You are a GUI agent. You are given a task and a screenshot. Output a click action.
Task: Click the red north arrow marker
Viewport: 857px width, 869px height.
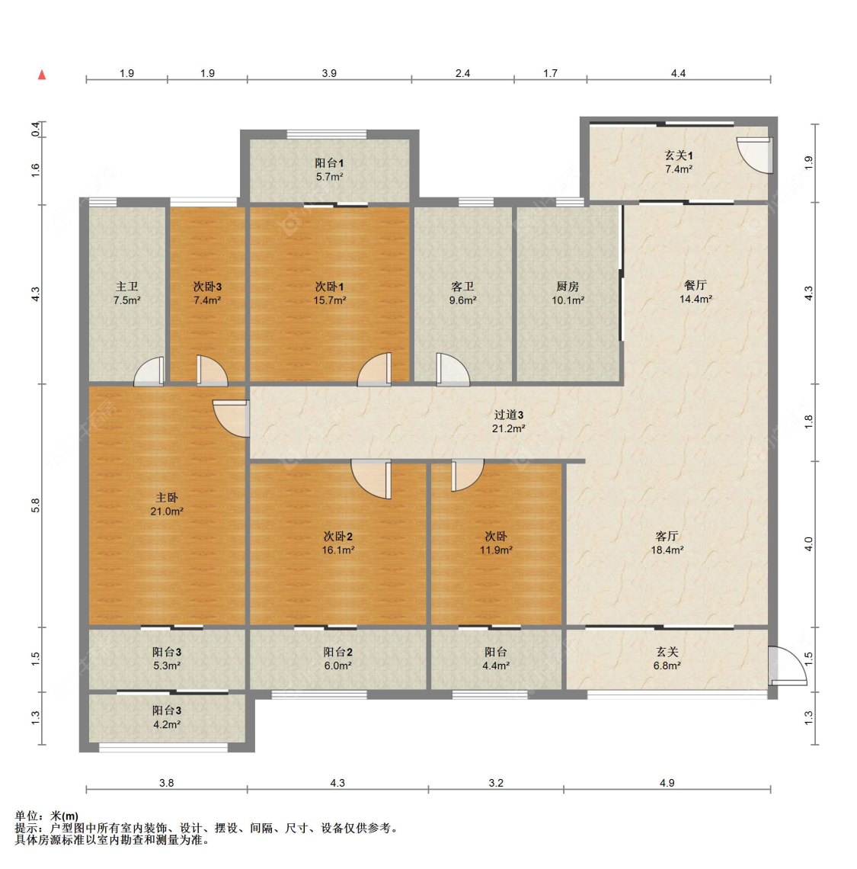coord(42,75)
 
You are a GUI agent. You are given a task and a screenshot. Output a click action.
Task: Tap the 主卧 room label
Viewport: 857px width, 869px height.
coord(166,498)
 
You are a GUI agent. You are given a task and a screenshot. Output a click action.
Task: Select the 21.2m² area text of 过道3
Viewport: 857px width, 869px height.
coord(509,428)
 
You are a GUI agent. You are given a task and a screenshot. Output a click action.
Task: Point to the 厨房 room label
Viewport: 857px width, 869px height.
coord(568,287)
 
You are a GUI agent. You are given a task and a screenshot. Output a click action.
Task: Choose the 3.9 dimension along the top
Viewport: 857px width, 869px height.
coord(329,73)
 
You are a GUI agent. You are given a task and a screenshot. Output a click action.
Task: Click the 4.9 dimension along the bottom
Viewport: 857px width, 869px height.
coord(667,783)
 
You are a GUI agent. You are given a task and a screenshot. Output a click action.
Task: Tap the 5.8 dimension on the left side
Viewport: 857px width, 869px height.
coord(36,505)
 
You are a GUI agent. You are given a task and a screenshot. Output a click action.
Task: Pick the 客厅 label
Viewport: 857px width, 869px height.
coord(667,536)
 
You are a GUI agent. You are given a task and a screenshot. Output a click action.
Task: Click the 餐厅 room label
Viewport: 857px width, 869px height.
coord(696,285)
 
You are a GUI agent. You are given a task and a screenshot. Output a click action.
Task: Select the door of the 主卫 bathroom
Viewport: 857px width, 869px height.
coord(149,371)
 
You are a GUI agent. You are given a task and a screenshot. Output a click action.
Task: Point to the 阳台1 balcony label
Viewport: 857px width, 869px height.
coord(329,163)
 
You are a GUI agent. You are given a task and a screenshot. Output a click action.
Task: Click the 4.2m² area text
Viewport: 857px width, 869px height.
coord(167,724)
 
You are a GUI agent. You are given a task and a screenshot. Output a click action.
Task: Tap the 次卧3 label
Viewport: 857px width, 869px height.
coord(207,287)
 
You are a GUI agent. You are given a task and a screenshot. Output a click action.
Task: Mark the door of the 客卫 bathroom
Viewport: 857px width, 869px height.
coord(452,370)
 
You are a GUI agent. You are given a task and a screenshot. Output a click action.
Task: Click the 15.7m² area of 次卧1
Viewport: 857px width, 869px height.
coord(330,300)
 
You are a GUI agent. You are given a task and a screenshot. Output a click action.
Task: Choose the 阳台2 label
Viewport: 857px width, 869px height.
coord(337,652)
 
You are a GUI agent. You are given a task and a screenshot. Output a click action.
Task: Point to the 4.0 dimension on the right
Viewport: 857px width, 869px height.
coord(808,544)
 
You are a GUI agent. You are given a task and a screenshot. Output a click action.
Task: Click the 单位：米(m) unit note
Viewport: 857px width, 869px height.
coord(46,816)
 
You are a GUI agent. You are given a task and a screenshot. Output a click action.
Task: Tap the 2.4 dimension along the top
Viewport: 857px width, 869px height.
coord(462,73)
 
